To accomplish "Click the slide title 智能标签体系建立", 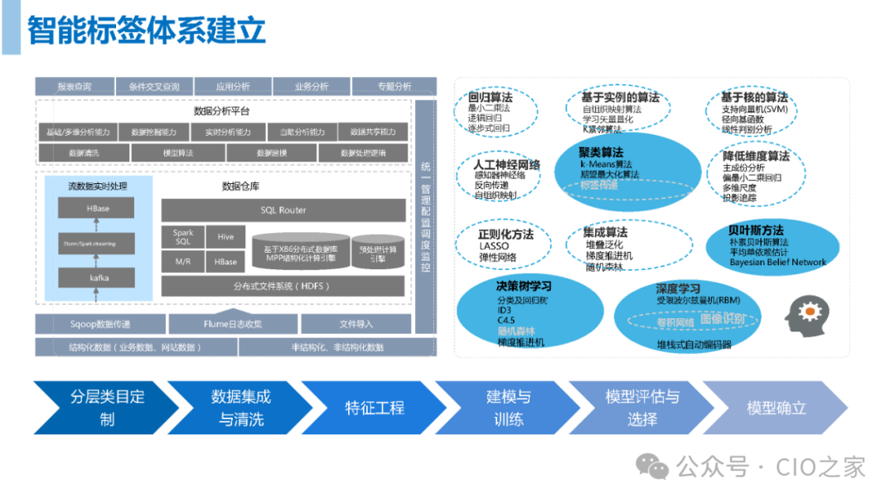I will (x=147, y=30).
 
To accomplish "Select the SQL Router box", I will (x=283, y=210).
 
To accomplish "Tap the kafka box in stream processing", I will (x=99, y=278).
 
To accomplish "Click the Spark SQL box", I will (x=182, y=237).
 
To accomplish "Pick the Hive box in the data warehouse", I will (x=225, y=237).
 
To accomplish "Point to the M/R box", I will (x=182, y=262).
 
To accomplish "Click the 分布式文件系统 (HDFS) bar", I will (x=283, y=287).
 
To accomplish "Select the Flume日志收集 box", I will (x=233, y=324).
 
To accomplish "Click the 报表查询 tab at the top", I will (x=75, y=86).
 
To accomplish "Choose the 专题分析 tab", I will (x=394, y=86).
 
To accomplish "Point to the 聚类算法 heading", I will (x=602, y=152).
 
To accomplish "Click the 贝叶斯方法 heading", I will (x=756, y=230).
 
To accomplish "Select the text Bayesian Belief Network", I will (x=767, y=263).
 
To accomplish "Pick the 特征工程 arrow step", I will (x=375, y=408).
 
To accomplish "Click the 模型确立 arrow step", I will (x=776, y=408).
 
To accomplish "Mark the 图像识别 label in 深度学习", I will (x=723, y=318).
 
